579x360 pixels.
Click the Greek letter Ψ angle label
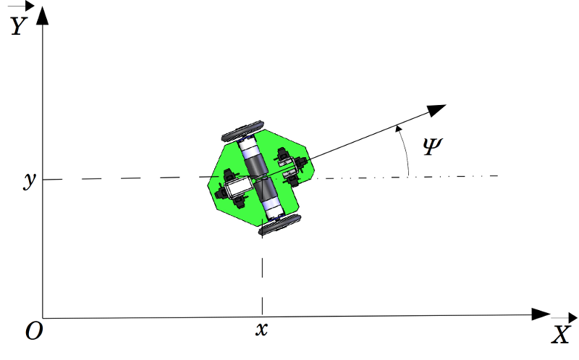point(430,148)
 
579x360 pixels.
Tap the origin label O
point(33,331)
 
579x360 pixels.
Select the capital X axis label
point(562,335)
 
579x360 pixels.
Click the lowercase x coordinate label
point(262,330)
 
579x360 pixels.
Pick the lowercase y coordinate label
point(30,180)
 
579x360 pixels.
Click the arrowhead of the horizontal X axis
point(541,314)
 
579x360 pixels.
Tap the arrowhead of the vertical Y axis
point(43,14)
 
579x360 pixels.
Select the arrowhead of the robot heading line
point(436,109)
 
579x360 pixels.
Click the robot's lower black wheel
point(279,225)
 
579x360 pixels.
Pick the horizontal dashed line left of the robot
point(123,178)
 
